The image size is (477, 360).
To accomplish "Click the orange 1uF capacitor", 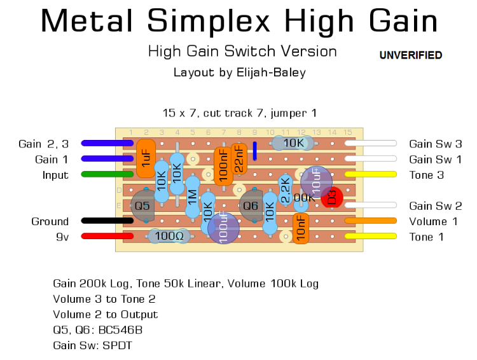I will tap(146, 158).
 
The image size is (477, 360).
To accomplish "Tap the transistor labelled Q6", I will tap(251, 205).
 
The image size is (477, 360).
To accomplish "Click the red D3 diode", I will tap(331, 197).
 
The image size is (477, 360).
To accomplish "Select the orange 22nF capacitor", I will tap(238, 158).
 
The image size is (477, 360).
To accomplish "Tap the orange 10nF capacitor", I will tap(301, 228).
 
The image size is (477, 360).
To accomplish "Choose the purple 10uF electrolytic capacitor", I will tap(316, 182).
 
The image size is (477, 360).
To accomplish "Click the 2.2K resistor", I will tap(286, 190).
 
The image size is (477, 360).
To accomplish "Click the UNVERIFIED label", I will tap(410, 55).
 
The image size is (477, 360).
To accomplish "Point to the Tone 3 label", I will tap(426, 175).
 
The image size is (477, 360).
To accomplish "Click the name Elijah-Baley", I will tap(270, 73).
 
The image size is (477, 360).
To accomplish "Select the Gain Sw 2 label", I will tap(436, 205).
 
